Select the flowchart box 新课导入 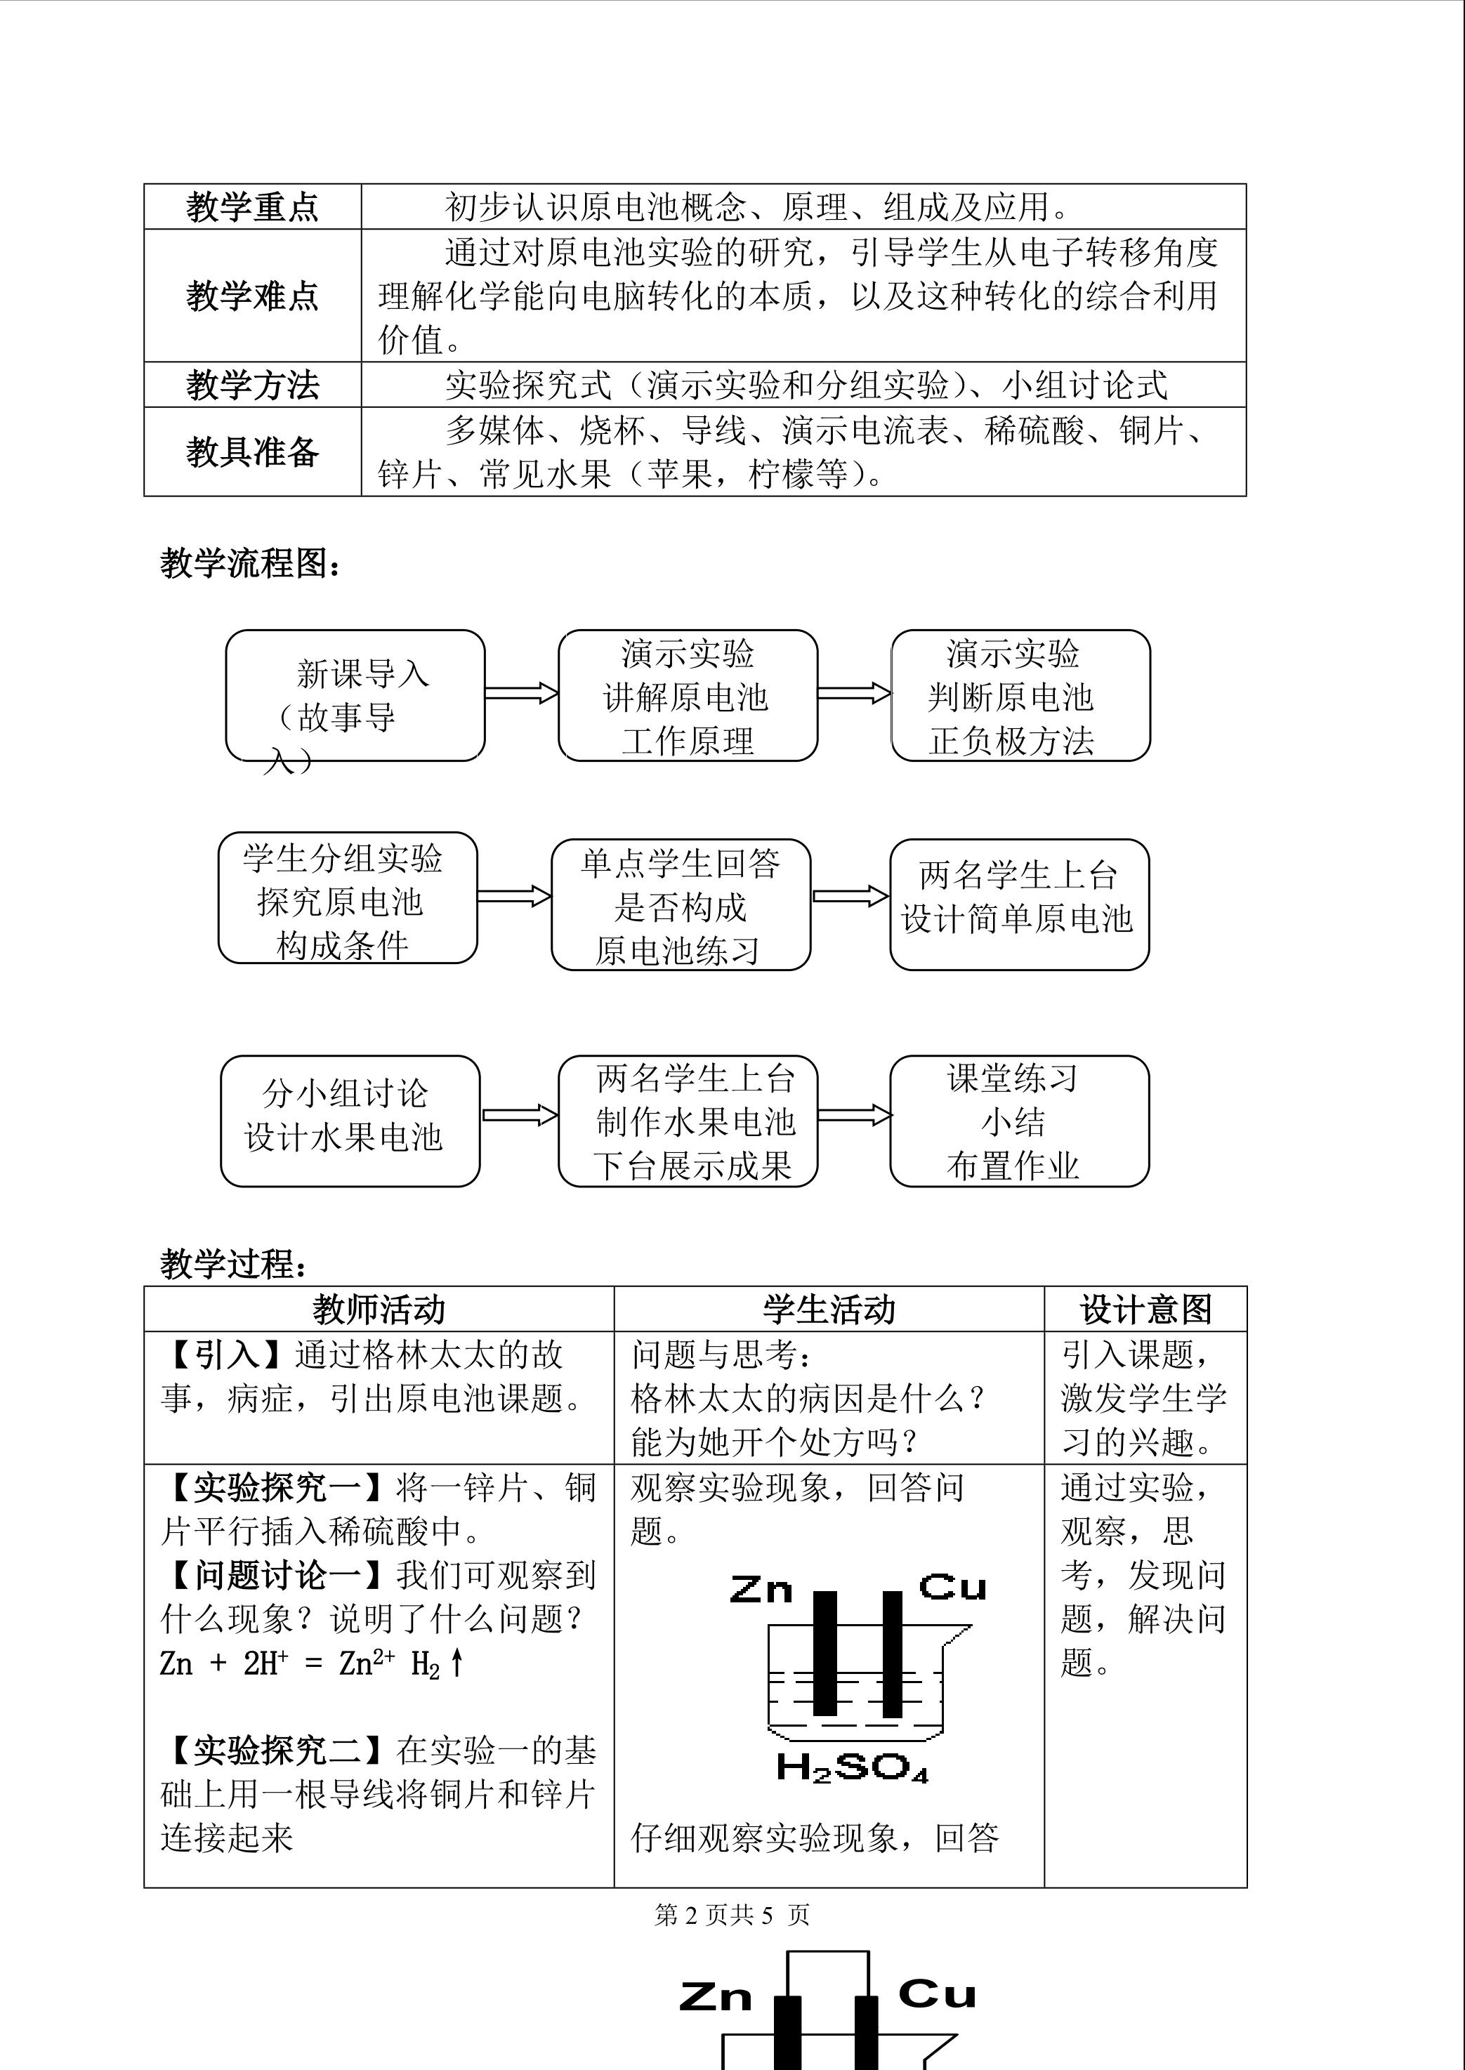(355, 695)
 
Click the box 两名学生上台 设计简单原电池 (1018, 904)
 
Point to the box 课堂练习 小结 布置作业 (1018, 1121)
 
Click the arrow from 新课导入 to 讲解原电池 (521, 693)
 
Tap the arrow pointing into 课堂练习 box (853, 1115)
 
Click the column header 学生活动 (828, 1310)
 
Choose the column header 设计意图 (1145, 1310)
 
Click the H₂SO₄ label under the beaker (852, 1767)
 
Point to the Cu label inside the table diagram (952, 1586)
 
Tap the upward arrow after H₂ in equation (457, 1662)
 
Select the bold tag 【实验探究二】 (276, 1751)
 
